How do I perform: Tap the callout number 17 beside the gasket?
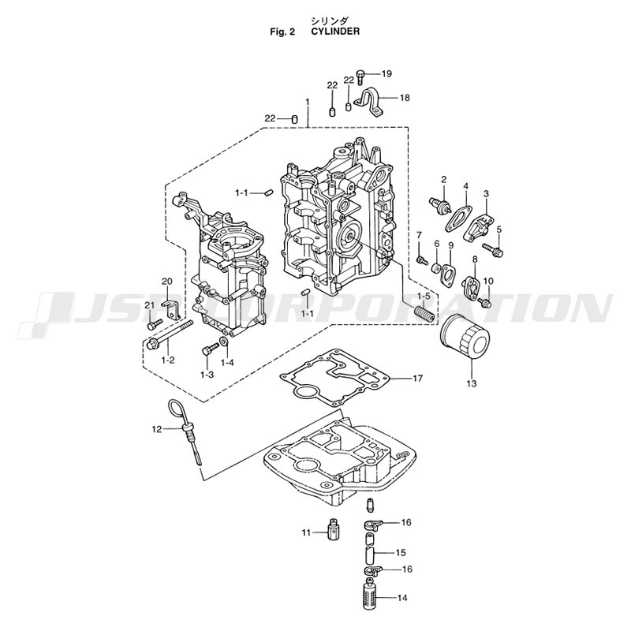[x=418, y=379]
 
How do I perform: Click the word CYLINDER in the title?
[x=335, y=32]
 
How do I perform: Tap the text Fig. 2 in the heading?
[x=283, y=32]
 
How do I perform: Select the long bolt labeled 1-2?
[x=170, y=334]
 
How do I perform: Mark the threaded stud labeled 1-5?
[x=425, y=313]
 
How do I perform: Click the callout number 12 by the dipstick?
[x=156, y=430]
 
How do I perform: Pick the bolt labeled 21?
[x=155, y=323]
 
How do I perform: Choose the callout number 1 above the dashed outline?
[x=308, y=103]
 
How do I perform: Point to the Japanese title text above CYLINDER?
[x=330, y=21]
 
